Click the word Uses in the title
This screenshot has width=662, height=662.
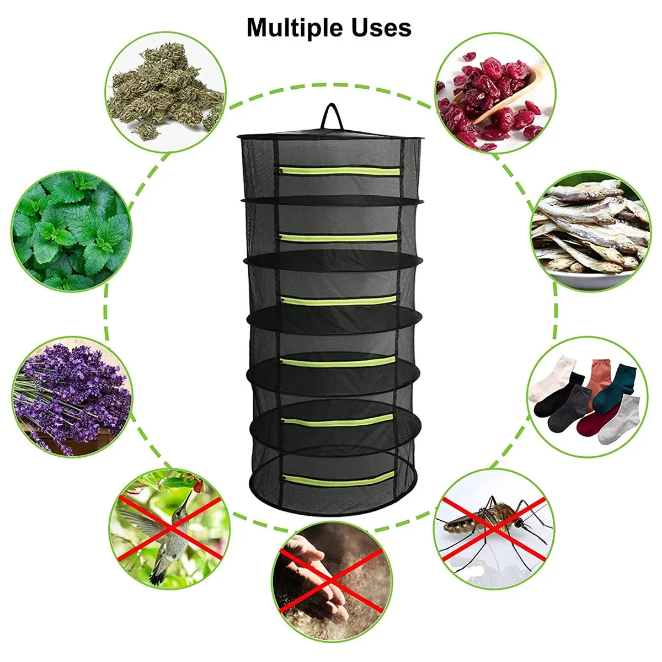383,28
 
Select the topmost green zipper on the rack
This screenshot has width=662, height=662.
340,171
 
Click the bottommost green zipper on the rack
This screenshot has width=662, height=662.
339,479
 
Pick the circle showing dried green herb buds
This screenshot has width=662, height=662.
165,92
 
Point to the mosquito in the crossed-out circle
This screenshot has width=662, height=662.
491,521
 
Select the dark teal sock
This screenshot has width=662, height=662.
615,386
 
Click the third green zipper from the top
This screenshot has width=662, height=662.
339,301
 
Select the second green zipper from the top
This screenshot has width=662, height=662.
339,237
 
